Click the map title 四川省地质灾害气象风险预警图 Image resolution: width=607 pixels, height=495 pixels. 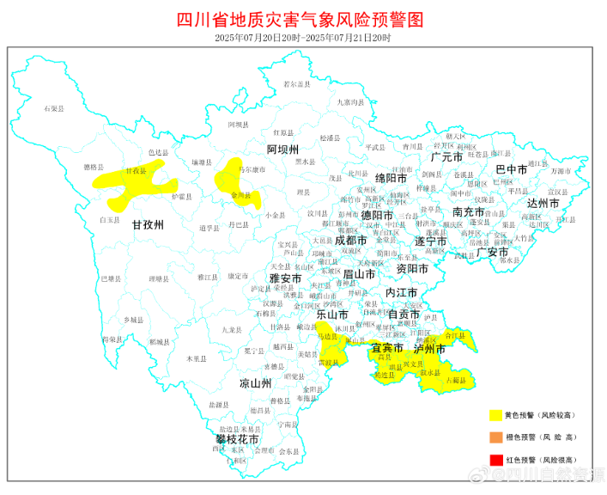tap(302, 19)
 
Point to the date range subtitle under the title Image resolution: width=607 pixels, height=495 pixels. tap(302, 38)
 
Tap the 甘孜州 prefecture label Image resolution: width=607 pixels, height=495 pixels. tap(148, 224)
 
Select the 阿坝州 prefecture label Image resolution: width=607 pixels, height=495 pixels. tap(282, 150)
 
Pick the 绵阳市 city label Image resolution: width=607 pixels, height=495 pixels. tap(390, 177)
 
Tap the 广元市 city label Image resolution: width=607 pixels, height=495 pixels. tap(446, 157)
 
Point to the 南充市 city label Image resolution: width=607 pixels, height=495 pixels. tap(469, 211)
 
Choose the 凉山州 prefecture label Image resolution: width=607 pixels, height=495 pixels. tap(255, 382)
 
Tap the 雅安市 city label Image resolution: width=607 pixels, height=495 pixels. tap(285, 278)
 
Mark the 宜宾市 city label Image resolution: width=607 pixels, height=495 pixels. tap(386, 348)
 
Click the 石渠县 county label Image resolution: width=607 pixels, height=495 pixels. tap(54, 109)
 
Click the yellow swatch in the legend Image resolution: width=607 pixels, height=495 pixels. tap(495, 415)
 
